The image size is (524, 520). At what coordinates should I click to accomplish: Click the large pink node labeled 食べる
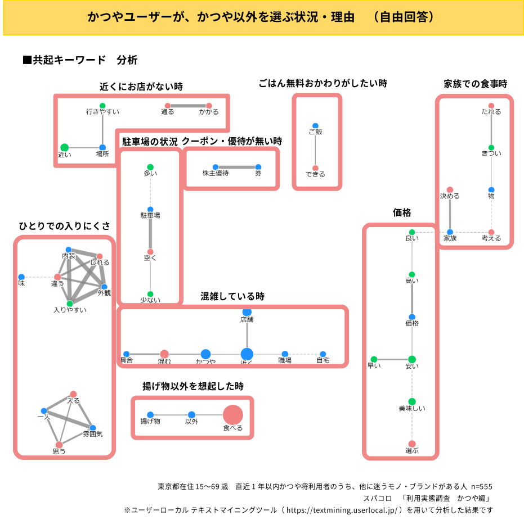click(x=233, y=415)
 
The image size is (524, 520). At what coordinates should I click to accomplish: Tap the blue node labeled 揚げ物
click(x=150, y=415)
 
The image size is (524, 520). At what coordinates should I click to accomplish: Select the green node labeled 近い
click(x=65, y=147)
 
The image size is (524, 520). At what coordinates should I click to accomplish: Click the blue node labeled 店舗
click(x=247, y=312)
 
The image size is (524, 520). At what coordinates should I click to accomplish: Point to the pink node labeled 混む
click(x=164, y=354)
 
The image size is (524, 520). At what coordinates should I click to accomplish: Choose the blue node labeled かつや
click(x=205, y=354)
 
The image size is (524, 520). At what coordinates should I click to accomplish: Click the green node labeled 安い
click(x=412, y=359)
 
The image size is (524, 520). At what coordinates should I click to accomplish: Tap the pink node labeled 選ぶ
click(x=412, y=444)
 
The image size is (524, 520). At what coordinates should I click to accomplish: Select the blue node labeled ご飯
click(x=315, y=126)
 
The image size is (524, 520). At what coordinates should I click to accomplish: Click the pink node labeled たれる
click(x=491, y=106)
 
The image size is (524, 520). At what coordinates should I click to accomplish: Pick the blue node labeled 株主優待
click(x=215, y=167)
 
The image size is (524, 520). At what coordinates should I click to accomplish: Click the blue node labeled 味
click(x=21, y=277)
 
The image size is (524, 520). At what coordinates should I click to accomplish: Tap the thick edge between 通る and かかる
click(x=188, y=106)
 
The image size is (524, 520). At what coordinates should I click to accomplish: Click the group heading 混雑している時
click(x=232, y=296)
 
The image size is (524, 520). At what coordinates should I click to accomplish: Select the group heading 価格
click(x=402, y=212)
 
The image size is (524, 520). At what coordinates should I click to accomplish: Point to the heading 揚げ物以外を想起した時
click(x=192, y=386)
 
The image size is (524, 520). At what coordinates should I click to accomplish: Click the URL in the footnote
click(x=343, y=510)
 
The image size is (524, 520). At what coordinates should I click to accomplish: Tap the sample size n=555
click(x=481, y=486)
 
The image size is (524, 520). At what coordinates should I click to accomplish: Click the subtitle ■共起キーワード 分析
click(x=80, y=60)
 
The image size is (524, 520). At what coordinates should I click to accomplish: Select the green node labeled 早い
click(x=373, y=359)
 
